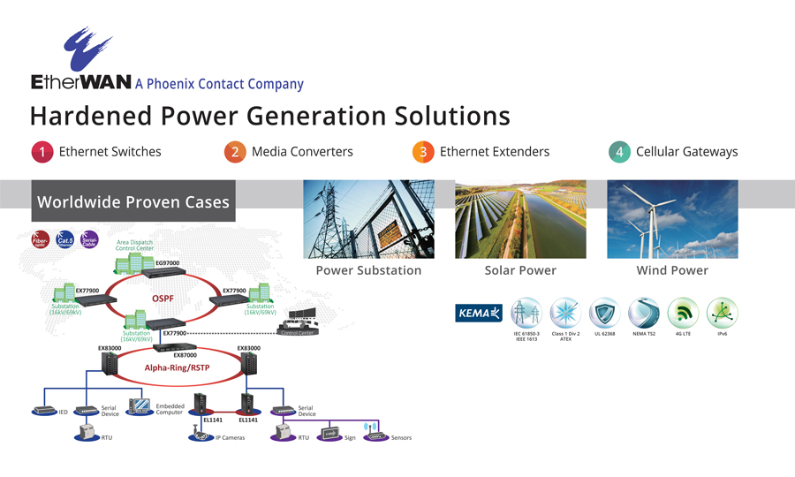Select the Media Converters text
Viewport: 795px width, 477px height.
(x=302, y=152)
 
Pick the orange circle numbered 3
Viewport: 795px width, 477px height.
(x=423, y=152)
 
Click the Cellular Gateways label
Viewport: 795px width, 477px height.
(x=686, y=152)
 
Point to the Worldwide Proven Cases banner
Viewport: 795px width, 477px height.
(x=132, y=202)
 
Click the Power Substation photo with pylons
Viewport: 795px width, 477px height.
(x=368, y=219)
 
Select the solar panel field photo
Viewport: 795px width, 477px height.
(x=520, y=219)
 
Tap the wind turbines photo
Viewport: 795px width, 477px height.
(x=672, y=219)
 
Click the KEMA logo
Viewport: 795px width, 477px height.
(x=479, y=313)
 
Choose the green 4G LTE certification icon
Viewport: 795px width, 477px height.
(x=683, y=313)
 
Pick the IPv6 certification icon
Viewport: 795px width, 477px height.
(x=722, y=313)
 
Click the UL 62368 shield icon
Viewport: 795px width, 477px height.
(x=605, y=313)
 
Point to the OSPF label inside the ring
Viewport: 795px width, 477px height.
(x=163, y=299)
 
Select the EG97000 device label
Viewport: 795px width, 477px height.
(x=167, y=263)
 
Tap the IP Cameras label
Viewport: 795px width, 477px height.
(x=230, y=438)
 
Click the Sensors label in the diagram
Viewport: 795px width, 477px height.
(x=401, y=438)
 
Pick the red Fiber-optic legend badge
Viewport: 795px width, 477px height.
(x=41, y=239)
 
